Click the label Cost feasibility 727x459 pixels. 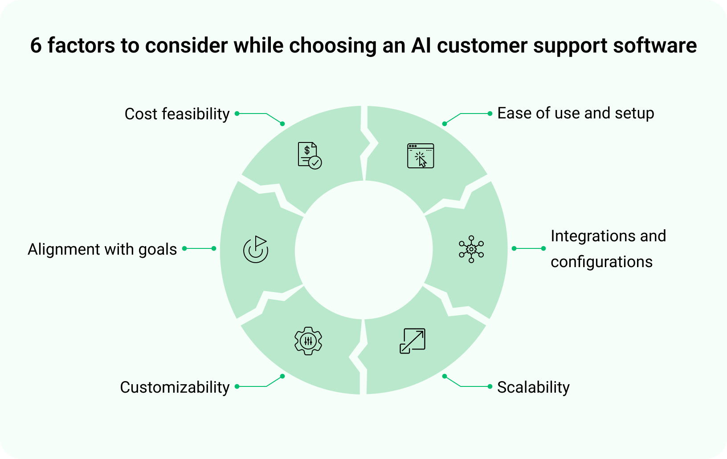pyautogui.click(x=177, y=114)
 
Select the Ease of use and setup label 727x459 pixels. pyautogui.click(x=576, y=113)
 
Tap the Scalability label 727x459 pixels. pyautogui.click(x=533, y=387)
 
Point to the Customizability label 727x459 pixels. pyautogui.click(x=175, y=387)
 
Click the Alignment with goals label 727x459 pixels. pyautogui.click(x=102, y=249)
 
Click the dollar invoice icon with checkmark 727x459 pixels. pyautogui.click(x=310, y=156)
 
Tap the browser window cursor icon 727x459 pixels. pyautogui.click(x=421, y=156)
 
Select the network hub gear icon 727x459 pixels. pyautogui.click(x=471, y=249)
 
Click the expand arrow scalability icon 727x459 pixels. pyautogui.click(x=413, y=341)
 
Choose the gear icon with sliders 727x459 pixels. pyautogui.click(x=308, y=341)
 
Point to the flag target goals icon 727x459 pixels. pyautogui.click(x=256, y=249)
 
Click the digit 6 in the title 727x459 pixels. pyautogui.click(x=36, y=45)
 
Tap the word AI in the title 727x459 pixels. pyautogui.click(x=421, y=45)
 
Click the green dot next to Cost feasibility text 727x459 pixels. pyautogui.click(x=237, y=114)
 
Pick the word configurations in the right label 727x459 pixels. pyautogui.click(x=601, y=262)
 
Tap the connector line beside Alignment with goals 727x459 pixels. pyautogui.click(x=199, y=248)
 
